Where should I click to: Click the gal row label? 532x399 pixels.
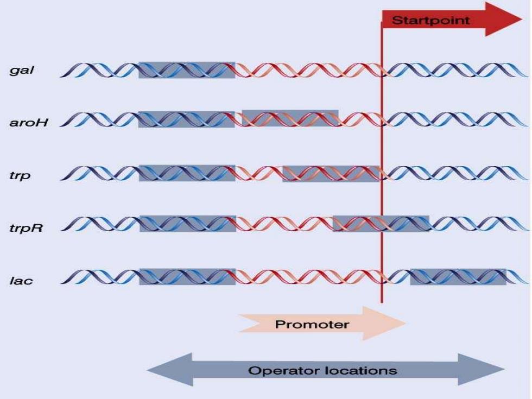pyautogui.click(x=22, y=70)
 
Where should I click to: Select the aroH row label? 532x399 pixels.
pyautogui.click(x=29, y=122)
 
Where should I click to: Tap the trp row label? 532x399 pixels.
pyautogui.click(x=20, y=176)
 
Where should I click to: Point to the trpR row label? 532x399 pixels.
pyautogui.click(x=26, y=227)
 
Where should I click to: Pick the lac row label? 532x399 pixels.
pyautogui.click(x=21, y=281)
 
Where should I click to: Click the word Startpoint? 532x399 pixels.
pyautogui.click(x=430, y=21)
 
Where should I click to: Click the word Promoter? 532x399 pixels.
pyautogui.click(x=312, y=325)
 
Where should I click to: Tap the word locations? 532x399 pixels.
pyautogui.click(x=360, y=370)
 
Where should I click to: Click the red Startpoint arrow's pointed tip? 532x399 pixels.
pyautogui.click(x=522, y=19)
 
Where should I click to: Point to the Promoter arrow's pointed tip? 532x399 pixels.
pyautogui.click(x=406, y=323)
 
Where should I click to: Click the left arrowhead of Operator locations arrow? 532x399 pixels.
pyautogui.click(x=147, y=370)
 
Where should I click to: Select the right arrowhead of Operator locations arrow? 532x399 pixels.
pyautogui.click(x=504, y=369)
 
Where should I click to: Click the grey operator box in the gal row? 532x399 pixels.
pyautogui.click(x=187, y=70)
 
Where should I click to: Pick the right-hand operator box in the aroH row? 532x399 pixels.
pyautogui.click(x=290, y=118)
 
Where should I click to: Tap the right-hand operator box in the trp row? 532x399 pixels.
pyautogui.click(x=331, y=174)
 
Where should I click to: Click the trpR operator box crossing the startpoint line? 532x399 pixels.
pyautogui.click(x=381, y=224)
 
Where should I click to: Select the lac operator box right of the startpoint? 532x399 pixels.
pyautogui.click(x=458, y=277)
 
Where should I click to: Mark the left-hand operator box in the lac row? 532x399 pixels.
pyautogui.click(x=188, y=277)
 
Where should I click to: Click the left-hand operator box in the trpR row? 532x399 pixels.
pyautogui.click(x=188, y=224)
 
